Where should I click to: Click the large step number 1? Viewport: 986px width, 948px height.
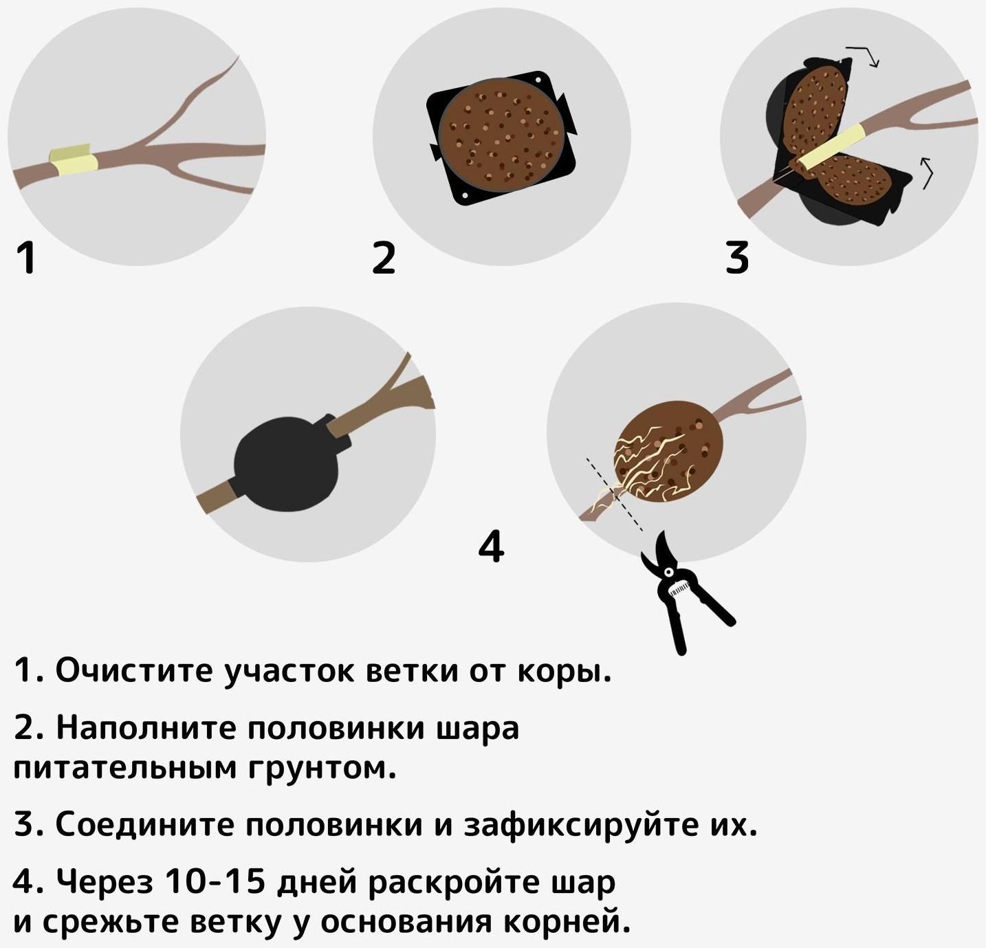click(26, 258)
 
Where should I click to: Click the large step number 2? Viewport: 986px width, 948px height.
click(384, 258)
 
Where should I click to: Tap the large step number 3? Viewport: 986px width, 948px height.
click(736, 258)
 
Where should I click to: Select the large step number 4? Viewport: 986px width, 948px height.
click(491, 547)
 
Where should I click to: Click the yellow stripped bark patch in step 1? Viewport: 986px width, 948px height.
click(73, 161)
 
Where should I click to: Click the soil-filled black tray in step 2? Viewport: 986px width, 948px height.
click(501, 137)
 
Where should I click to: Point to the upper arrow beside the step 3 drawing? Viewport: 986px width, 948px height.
click(864, 56)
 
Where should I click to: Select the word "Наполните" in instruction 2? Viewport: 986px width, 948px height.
click(144, 728)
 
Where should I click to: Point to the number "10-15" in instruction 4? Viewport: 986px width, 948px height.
click(215, 882)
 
